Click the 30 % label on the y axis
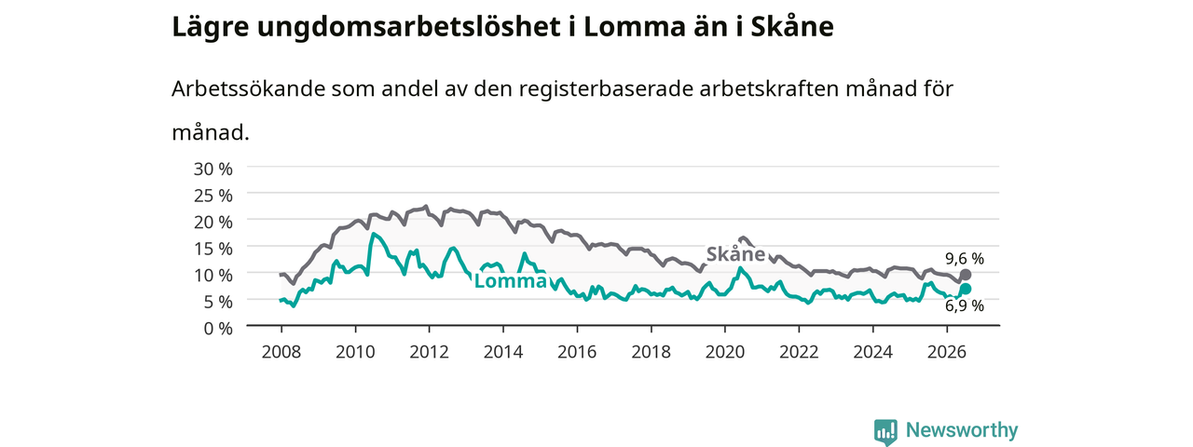point(213,169)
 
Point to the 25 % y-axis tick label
point(213,196)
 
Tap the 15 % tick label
point(213,249)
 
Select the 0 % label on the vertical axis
point(218,329)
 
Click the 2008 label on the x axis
point(281,352)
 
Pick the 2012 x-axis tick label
point(430,352)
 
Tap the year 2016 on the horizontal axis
point(577,352)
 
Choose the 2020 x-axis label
point(725,352)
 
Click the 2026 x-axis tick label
point(947,352)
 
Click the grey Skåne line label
point(735,254)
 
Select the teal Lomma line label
point(510,281)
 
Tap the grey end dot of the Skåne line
point(965,275)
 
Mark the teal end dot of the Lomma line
point(965,289)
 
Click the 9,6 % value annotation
point(965,259)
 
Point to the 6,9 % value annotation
point(965,306)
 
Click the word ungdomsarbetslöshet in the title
point(409,27)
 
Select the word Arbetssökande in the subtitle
point(248,88)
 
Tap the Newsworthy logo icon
point(885,431)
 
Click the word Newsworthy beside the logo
point(962,430)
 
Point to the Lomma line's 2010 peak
point(374,234)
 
